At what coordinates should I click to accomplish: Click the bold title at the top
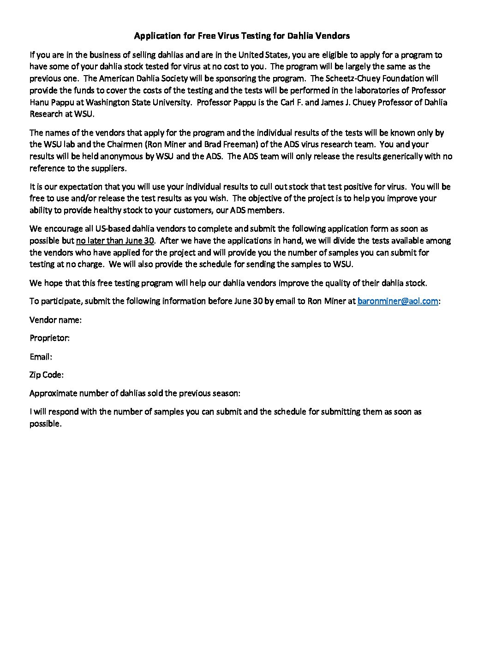242,35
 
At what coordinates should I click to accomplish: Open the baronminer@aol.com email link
397,301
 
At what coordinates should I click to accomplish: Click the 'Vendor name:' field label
55,319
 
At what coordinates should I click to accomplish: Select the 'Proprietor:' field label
49,338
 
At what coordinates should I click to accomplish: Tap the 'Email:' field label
41,356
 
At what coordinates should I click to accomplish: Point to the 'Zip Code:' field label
46,375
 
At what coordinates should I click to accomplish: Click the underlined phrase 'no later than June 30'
115,241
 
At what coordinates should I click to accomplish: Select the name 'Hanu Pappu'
48,102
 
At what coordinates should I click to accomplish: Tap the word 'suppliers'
107,168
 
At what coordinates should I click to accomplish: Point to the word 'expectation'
68,187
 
